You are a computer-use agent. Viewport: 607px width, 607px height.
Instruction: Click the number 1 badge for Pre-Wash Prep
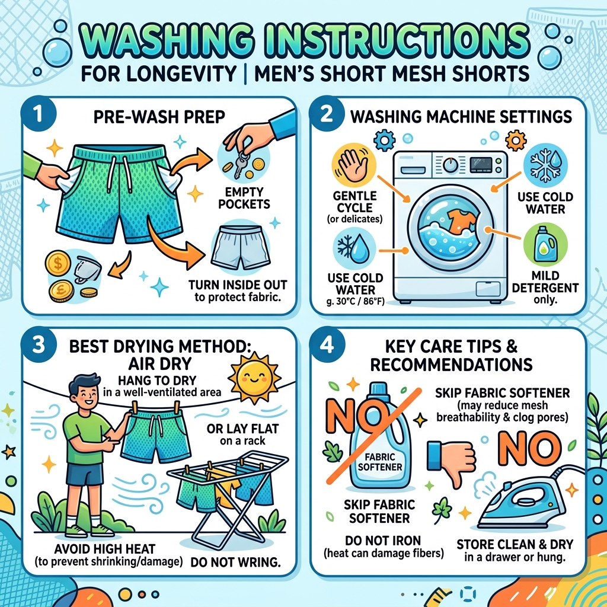coord(39,115)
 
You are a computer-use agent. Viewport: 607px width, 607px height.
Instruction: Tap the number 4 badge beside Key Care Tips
coord(327,344)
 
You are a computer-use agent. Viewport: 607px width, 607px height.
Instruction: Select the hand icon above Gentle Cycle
coord(354,165)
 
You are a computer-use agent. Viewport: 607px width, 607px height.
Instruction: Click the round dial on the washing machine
coord(451,166)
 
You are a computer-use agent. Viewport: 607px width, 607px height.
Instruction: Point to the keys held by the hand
coord(242,162)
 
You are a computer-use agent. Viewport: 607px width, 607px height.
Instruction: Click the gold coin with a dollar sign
coord(57,264)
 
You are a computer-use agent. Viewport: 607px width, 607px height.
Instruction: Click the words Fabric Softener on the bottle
coord(380,462)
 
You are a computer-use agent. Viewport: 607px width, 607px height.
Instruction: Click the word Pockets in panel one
coord(244,204)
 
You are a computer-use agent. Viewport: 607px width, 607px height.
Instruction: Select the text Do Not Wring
coord(236,562)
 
